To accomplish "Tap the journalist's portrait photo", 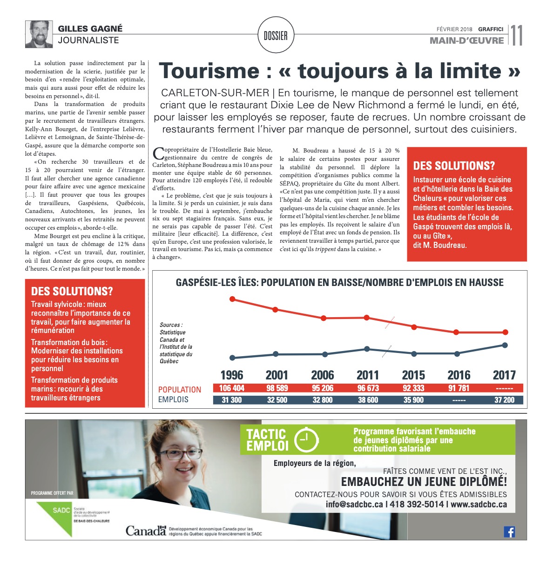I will [x=39, y=34].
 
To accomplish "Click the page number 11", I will [x=517, y=35].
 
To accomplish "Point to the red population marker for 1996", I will [x=232, y=299].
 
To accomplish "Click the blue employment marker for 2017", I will [x=505, y=345].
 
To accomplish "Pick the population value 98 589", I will [x=277, y=388].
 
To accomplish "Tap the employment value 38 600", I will [x=368, y=400].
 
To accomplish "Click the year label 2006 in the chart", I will [x=323, y=375].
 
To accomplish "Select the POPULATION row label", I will [x=180, y=390].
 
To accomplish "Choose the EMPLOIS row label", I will [x=173, y=399].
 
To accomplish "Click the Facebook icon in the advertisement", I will [x=509, y=532].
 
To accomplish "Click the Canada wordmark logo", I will [x=146, y=530].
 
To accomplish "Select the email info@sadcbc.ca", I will [x=354, y=505].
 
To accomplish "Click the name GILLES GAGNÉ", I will [x=90, y=29].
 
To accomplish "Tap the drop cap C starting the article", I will [x=158, y=153].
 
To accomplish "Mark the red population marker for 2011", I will [x=367, y=318].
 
